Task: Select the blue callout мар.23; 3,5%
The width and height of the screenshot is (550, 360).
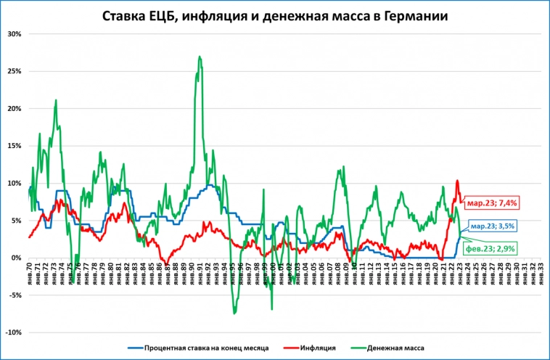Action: [x=493, y=226]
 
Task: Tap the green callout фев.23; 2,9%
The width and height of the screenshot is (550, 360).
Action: [x=491, y=248]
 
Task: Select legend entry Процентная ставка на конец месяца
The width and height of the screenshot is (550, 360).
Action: [x=207, y=348]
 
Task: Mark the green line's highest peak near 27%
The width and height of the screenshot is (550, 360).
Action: [x=199, y=57]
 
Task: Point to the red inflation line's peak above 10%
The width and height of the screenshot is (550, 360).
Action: [x=457, y=181]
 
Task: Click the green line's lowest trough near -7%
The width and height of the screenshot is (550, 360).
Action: [x=234, y=314]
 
